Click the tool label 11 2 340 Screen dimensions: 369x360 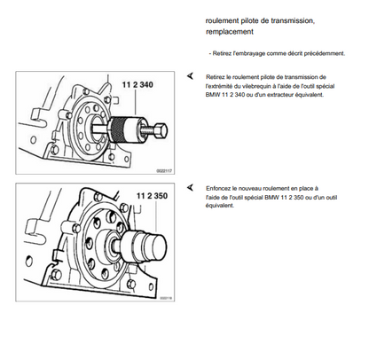(x=137, y=85)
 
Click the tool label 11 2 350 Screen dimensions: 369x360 (x=152, y=196)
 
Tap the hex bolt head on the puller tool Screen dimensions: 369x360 (x=161, y=131)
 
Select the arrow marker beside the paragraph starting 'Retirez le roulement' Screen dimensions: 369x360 (x=190, y=76)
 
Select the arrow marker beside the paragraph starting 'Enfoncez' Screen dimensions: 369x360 (x=190, y=187)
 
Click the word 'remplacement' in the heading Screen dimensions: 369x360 (x=230, y=32)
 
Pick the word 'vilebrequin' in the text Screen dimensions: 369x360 (x=256, y=86)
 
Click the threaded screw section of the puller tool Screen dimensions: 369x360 (x=147, y=130)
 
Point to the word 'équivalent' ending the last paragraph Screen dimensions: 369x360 (x=220, y=206)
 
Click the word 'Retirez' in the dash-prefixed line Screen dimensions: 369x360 (x=222, y=53)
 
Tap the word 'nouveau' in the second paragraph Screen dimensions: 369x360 (x=249, y=188)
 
